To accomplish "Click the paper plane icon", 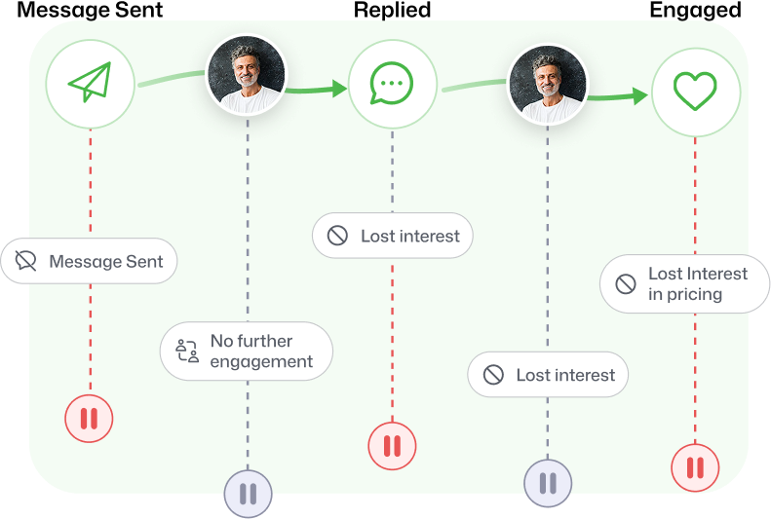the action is point(90,82).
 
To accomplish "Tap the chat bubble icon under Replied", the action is point(392,84).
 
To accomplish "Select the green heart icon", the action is point(695,91).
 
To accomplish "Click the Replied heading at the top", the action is point(393,10).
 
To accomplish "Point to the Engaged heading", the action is point(695,10).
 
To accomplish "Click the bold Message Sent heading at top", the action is point(90,10).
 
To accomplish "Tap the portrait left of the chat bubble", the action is point(247,74).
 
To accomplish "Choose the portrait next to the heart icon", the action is point(548,84).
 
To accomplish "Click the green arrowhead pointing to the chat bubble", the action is point(340,89).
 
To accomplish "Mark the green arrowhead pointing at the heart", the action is point(640,95).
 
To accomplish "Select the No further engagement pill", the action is point(247,352).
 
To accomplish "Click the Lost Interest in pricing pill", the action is point(684,283).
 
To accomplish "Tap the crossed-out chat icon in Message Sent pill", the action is point(25,261).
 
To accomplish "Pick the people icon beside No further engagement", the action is point(187,351).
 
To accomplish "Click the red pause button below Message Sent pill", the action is point(89,419).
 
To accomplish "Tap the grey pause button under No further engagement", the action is point(248,494).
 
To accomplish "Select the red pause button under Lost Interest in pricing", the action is point(695,467).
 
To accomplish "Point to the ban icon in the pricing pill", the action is point(626,283).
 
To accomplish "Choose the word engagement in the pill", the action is point(261,362).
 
